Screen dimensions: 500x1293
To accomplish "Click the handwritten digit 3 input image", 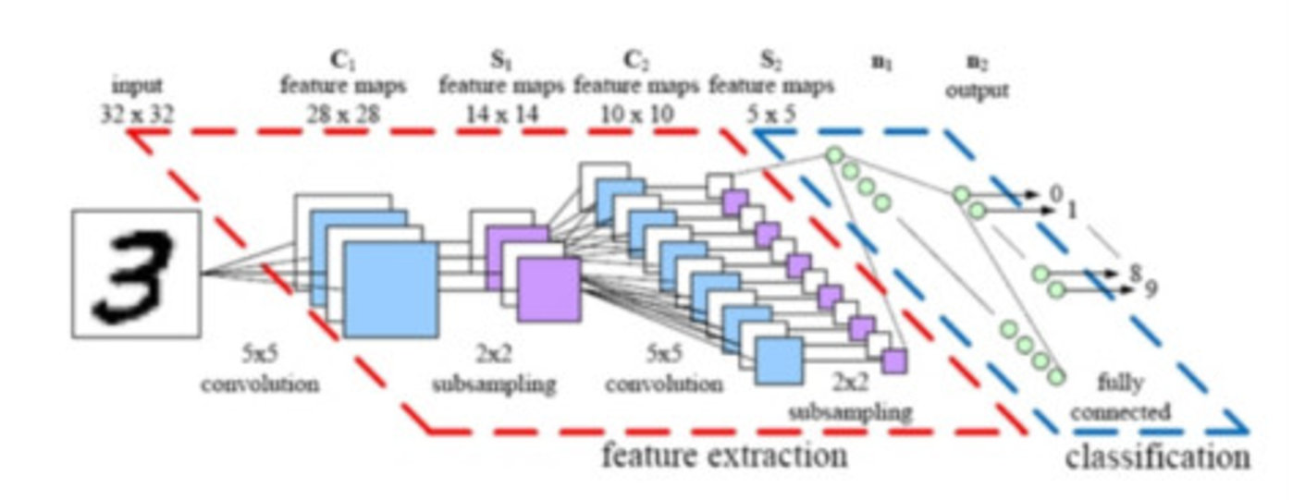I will (x=137, y=273).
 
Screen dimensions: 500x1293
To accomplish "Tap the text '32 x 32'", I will (x=137, y=115).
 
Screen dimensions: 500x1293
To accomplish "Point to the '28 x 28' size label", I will (x=342, y=115).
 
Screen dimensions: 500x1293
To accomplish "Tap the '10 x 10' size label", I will (x=635, y=115).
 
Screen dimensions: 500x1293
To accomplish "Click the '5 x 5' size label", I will (x=770, y=115).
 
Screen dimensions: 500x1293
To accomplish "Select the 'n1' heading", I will (x=882, y=65).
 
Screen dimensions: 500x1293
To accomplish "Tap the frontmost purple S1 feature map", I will (x=548, y=289).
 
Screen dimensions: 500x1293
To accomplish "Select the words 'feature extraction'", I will (x=724, y=455).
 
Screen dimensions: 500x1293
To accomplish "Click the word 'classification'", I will (x=1157, y=457).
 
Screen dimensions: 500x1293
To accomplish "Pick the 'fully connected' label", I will (x=1119, y=396).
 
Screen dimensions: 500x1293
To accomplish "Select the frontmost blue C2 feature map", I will (x=779, y=360).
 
